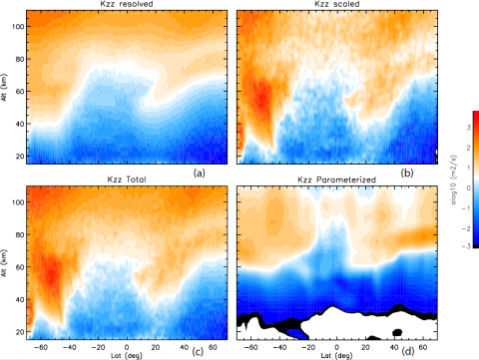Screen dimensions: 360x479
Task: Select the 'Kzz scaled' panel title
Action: [338, 5]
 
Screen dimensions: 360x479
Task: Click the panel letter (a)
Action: [213, 172]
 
